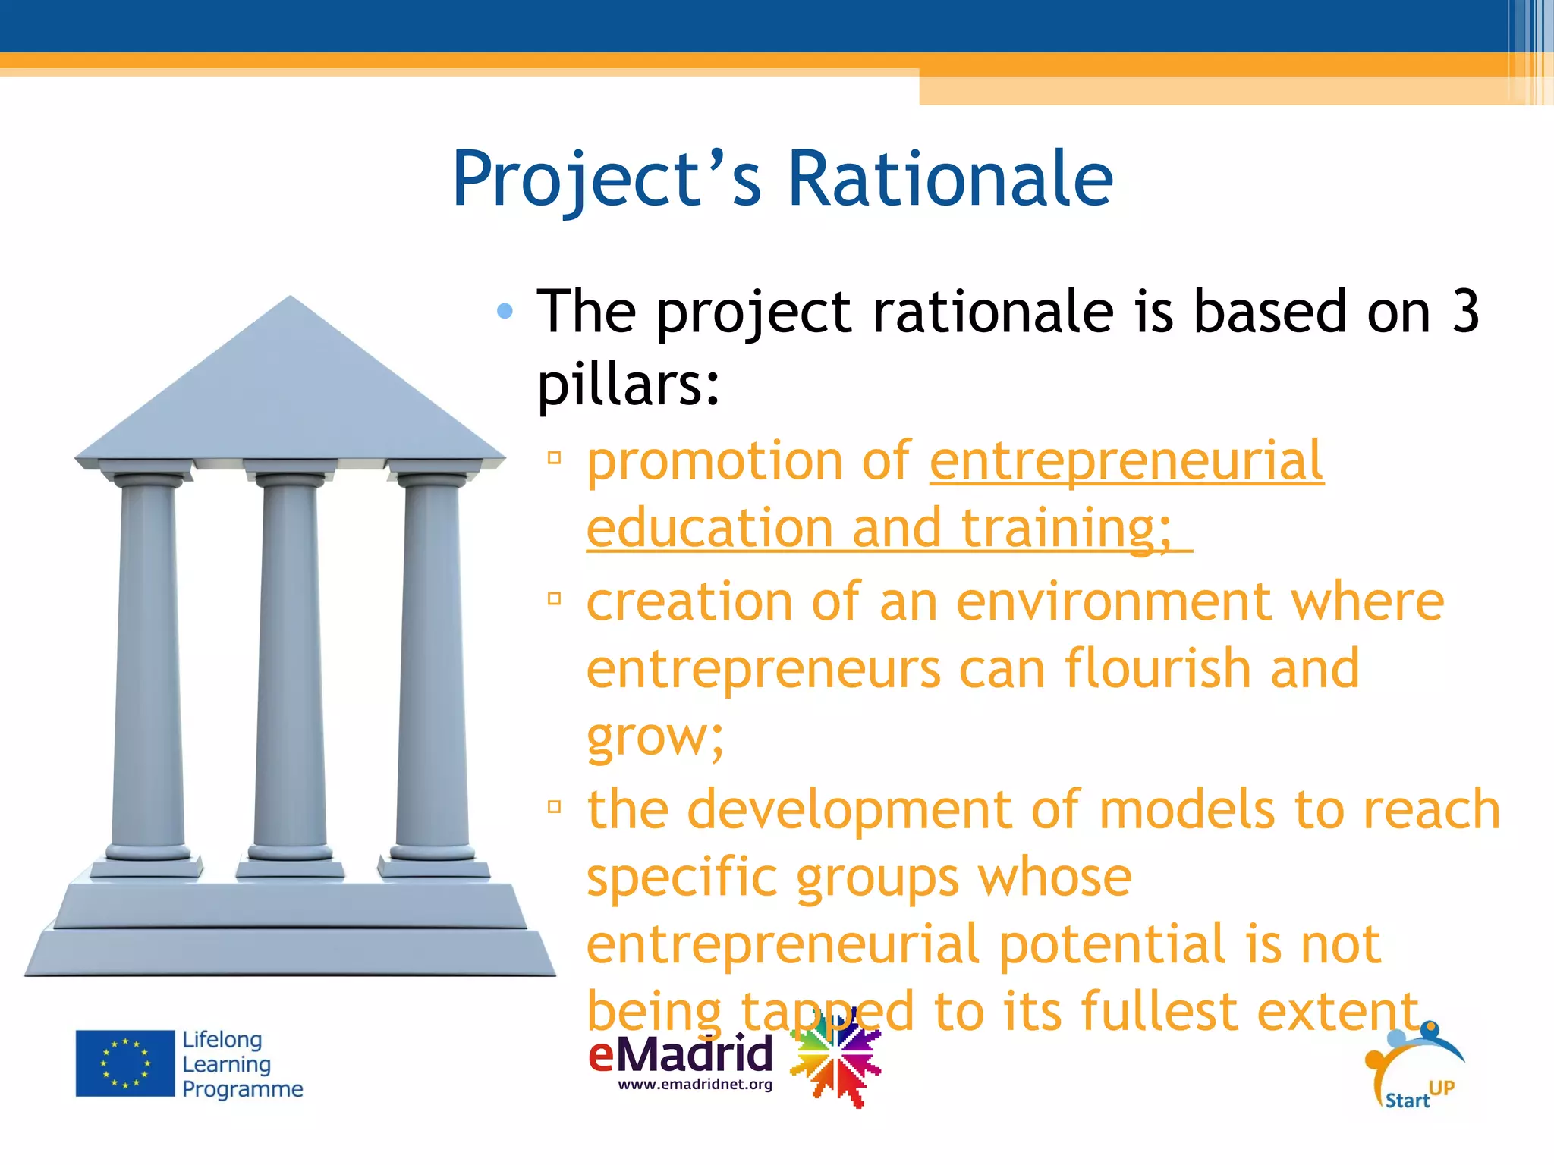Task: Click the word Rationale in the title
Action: [950, 179]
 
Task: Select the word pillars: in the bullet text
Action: [628, 384]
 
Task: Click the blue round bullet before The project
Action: [505, 311]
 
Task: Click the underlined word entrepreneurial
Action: [1127, 460]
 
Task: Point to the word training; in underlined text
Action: [1066, 527]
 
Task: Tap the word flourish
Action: [1157, 668]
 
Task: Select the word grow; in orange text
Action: [656, 736]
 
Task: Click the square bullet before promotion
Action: [555, 457]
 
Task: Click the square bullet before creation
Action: [555, 598]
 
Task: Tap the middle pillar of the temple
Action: [290, 667]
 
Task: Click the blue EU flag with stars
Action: [125, 1063]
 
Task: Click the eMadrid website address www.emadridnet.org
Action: [695, 1085]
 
